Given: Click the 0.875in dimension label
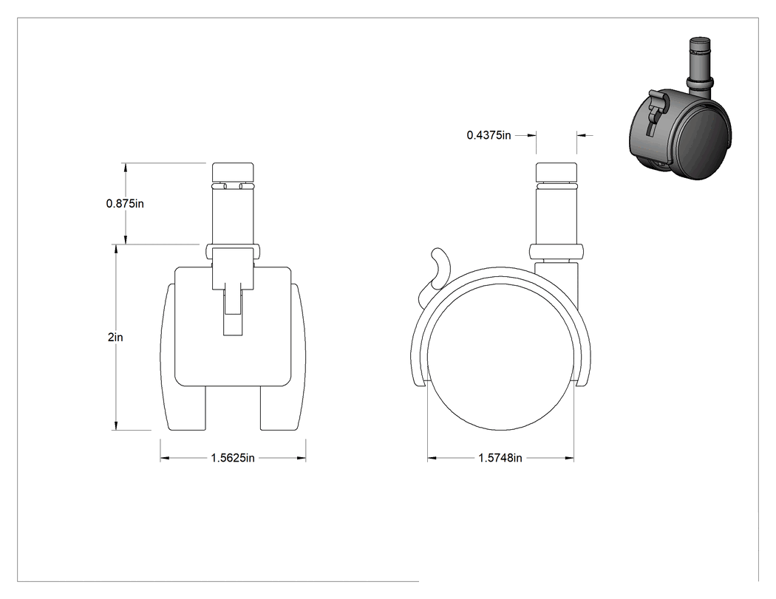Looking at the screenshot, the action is click(x=125, y=203).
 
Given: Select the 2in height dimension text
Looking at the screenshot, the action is click(x=115, y=338).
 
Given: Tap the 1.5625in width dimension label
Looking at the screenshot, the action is click(x=233, y=458).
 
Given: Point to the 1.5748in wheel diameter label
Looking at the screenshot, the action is click(x=500, y=458).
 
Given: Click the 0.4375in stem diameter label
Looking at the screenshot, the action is click(x=489, y=135).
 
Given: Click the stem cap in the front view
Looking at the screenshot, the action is click(x=233, y=172).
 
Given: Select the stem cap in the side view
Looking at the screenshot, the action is click(x=557, y=172).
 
